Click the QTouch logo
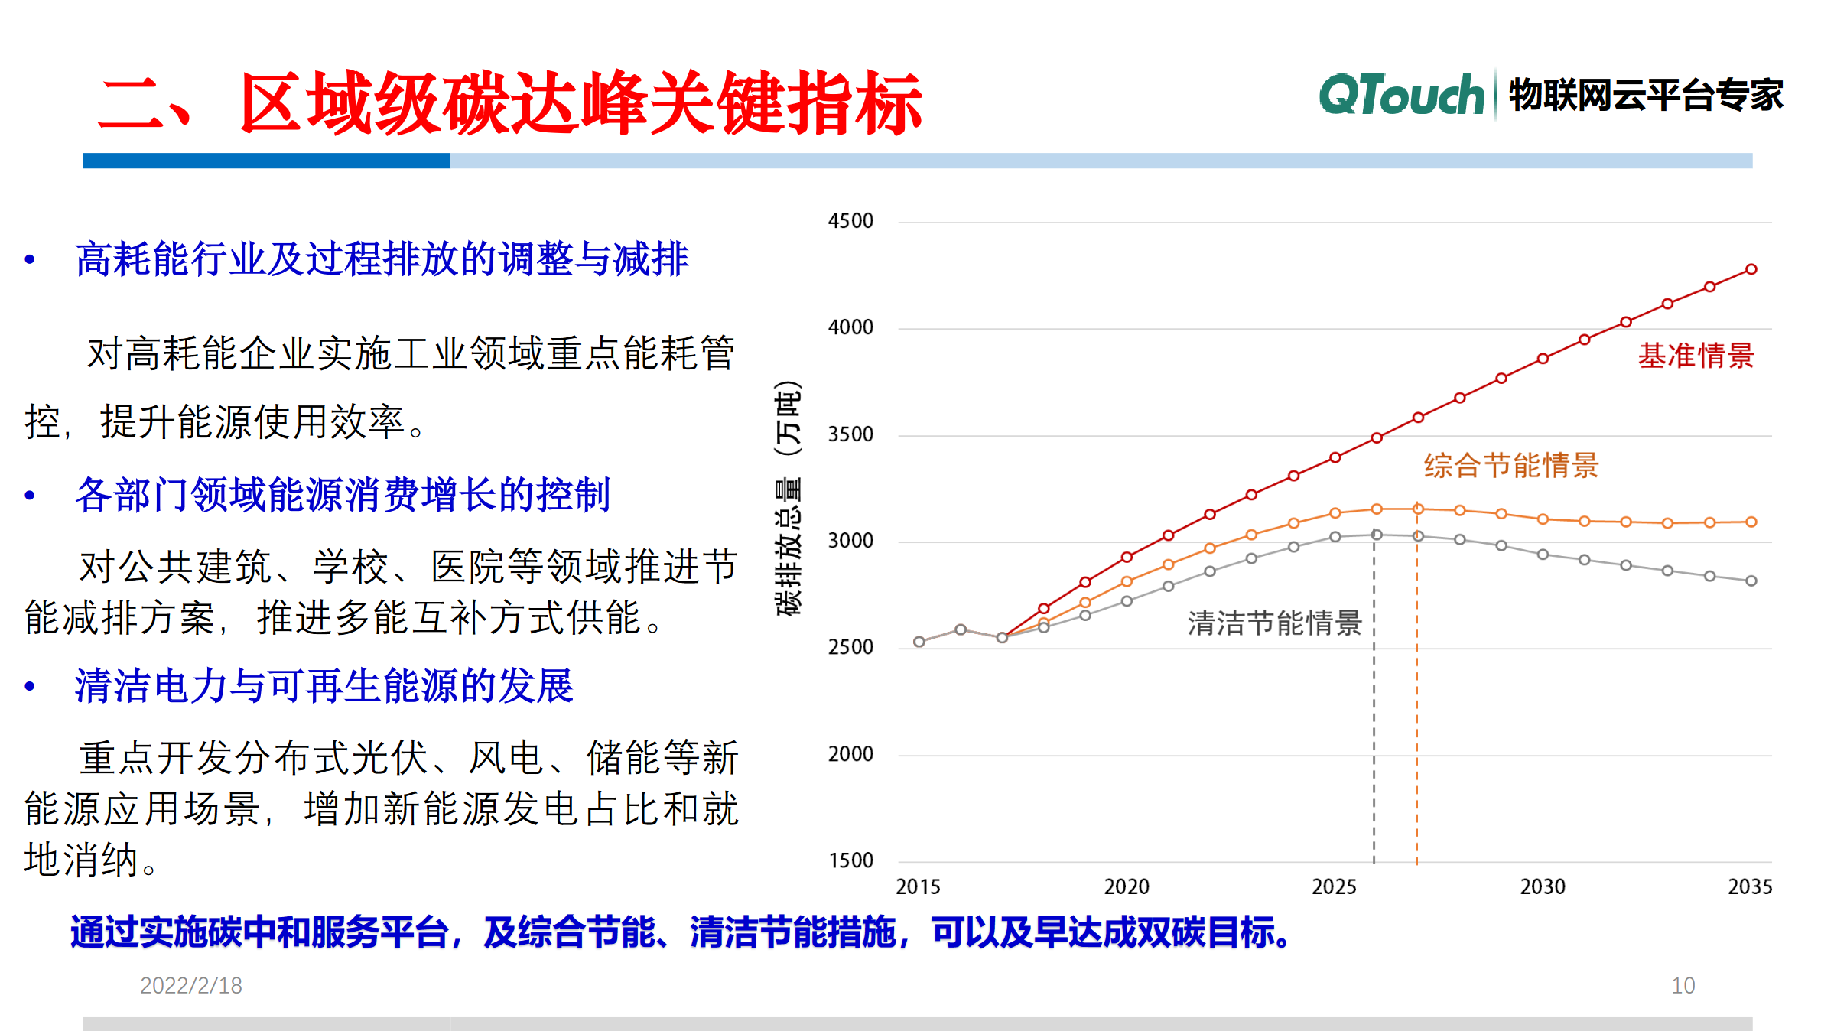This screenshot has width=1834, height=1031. (1401, 96)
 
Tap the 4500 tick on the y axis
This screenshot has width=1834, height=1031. (850, 221)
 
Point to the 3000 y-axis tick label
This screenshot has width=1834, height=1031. (850, 541)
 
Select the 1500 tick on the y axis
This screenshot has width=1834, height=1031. (850, 860)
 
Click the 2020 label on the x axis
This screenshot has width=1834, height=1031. (1126, 886)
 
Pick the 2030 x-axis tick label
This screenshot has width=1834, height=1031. (1542, 886)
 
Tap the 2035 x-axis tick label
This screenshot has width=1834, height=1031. (1749, 886)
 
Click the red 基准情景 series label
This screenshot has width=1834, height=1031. (1696, 356)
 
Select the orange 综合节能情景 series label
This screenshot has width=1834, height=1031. (1510, 465)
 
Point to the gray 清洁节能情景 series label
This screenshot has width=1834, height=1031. (1274, 623)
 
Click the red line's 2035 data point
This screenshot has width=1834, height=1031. (1751, 269)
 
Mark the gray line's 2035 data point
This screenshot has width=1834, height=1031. (1751, 581)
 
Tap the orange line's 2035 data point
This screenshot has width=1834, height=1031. (1751, 522)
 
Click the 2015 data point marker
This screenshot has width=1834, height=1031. (919, 642)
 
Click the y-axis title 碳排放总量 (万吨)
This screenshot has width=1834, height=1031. (789, 497)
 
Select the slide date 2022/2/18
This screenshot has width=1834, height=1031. (190, 985)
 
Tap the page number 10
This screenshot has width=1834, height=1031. (1683, 985)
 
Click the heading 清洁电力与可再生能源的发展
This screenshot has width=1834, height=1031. (324, 685)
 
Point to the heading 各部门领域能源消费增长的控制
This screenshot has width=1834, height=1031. (343, 495)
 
